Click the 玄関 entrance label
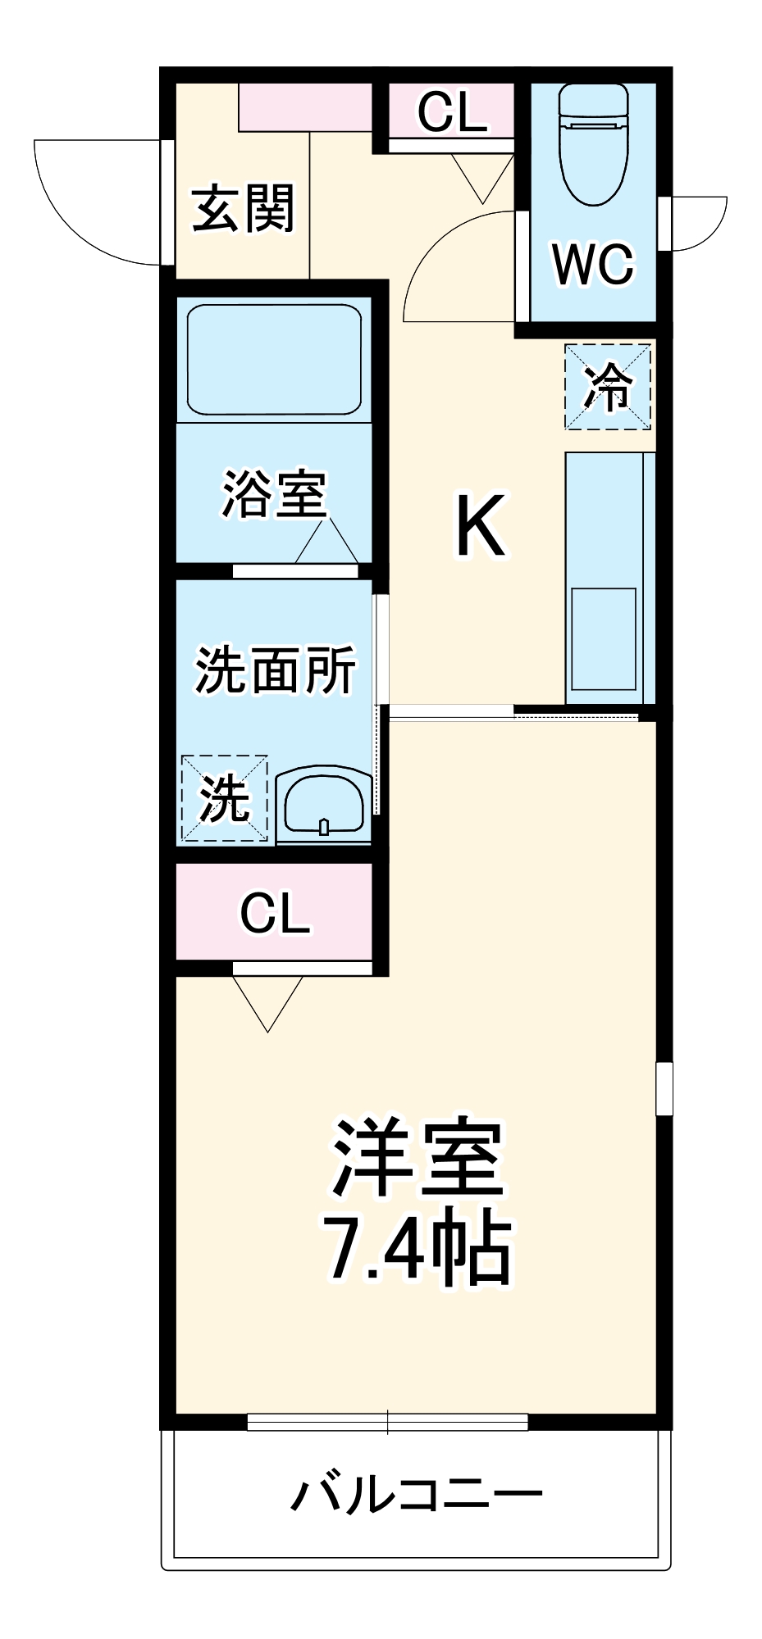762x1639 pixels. tap(243, 209)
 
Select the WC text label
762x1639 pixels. tap(593, 264)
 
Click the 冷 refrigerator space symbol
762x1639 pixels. tap(608, 387)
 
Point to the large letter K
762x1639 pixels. tap(480, 525)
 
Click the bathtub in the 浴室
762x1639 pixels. tap(274, 360)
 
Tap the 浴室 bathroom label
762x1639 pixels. tap(274, 494)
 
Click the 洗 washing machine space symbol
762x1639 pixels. tap(224, 797)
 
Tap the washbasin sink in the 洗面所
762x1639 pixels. tap(324, 805)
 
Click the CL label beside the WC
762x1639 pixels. tap(452, 111)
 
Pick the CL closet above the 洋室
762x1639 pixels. tap(274, 912)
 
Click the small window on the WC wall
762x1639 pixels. tap(665, 224)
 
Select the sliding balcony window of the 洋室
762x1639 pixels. tap(387, 1422)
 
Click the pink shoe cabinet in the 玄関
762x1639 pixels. tap(305, 107)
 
